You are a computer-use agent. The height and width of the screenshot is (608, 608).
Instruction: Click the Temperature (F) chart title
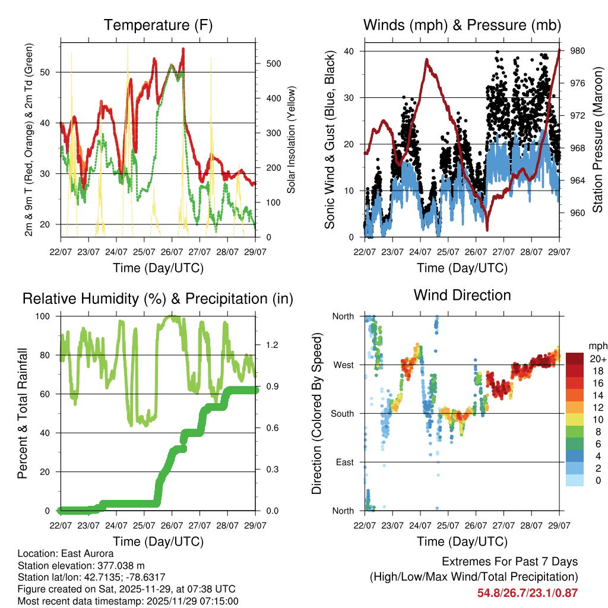(158, 25)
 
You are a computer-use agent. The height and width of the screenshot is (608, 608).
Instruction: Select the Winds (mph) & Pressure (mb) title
(462, 25)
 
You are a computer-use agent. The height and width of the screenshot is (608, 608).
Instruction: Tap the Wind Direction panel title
(462, 294)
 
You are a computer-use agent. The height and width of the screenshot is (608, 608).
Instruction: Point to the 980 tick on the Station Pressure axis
(578, 51)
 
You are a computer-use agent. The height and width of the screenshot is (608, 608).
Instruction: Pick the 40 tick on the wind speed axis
(350, 51)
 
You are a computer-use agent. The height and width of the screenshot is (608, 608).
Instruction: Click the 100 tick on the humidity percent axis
(45, 316)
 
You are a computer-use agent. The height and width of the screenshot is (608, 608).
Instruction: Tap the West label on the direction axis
(343, 365)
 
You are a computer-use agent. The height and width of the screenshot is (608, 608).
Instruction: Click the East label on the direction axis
(344, 462)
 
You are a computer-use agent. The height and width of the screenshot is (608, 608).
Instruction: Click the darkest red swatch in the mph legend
(575, 358)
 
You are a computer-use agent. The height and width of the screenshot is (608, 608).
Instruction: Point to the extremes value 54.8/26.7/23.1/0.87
(527, 593)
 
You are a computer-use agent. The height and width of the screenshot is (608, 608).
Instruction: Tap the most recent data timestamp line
(128, 601)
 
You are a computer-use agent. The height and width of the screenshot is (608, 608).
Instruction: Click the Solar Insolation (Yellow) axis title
(292, 140)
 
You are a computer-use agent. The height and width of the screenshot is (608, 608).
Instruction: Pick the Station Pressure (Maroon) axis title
(597, 140)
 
